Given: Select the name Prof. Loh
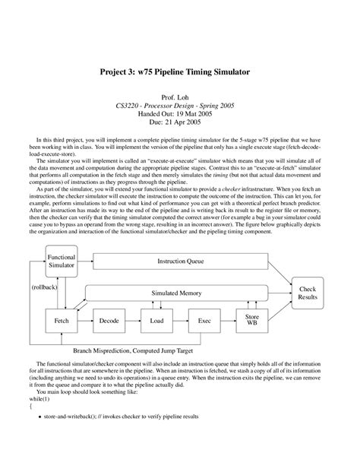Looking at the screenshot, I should (x=179, y=100).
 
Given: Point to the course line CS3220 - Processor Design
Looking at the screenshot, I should (x=179, y=109).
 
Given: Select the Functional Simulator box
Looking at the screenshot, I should (x=61, y=262).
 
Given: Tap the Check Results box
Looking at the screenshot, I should (x=308, y=293).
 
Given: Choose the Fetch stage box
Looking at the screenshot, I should (x=61, y=322).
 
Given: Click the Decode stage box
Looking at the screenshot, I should (x=109, y=322).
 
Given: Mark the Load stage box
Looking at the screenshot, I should (x=156, y=322).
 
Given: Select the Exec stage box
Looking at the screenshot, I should (x=204, y=322).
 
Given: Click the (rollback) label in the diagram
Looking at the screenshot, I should (x=46, y=288).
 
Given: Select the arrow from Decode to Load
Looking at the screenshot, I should (x=133, y=322).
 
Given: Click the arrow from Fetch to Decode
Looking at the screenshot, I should (x=85, y=322).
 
